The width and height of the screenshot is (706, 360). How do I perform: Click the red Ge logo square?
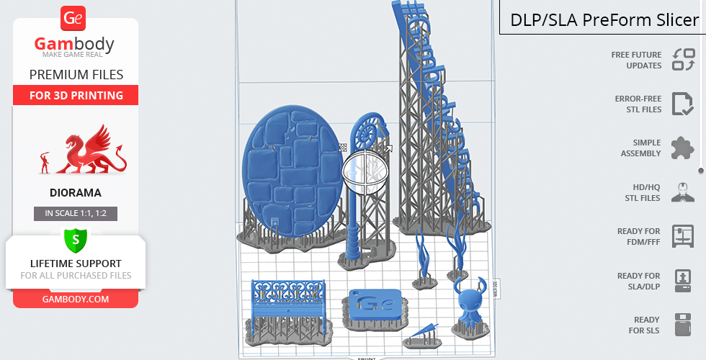(73, 19)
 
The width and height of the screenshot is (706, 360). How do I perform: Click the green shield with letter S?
(76, 240)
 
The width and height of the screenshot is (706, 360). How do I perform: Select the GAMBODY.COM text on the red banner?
(76, 300)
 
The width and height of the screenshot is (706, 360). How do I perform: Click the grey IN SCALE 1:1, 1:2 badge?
(76, 213)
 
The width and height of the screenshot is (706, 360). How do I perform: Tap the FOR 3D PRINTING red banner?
(76, 95)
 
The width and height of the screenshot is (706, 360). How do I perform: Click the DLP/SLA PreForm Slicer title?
(604, 20)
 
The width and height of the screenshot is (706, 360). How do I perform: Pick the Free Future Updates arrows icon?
(684, 60)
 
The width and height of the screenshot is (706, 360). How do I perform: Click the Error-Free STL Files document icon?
(683, 104)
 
